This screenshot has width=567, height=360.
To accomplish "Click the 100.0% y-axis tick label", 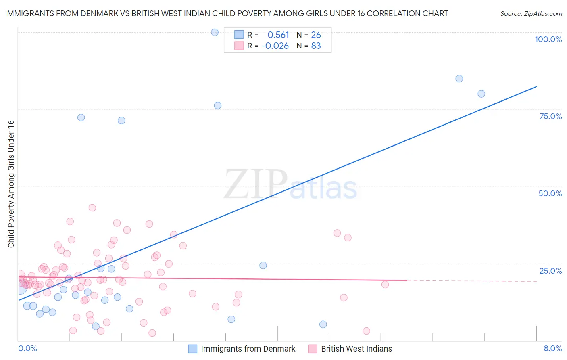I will click(548, 39).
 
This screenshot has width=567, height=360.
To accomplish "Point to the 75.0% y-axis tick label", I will click(550, 116).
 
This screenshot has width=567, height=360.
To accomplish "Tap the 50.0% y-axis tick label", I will click(550, 193).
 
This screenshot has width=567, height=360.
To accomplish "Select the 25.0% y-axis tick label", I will click(550, 271).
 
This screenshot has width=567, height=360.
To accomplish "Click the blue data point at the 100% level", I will click(215, 32).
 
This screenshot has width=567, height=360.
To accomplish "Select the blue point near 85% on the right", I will click(459, 79).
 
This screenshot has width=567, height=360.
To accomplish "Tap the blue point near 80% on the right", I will click(481, 94).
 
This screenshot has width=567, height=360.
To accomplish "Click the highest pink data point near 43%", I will click(92, 208).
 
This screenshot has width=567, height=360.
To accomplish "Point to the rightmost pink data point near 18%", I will click(385, 285).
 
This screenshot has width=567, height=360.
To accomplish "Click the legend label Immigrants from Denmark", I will click(248, 349).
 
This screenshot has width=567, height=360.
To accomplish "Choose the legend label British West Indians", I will click(356, 349).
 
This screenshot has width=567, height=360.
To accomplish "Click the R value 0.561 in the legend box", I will click(278, 35).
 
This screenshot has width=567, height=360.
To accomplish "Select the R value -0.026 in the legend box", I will click(275, 46).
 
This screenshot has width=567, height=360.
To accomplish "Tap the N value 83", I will click(316, 46).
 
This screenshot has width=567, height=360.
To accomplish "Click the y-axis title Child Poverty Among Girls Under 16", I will click(11, 184).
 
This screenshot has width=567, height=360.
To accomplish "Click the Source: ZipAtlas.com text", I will click(531, 14).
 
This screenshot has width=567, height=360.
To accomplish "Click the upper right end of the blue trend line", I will click(536, 86).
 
